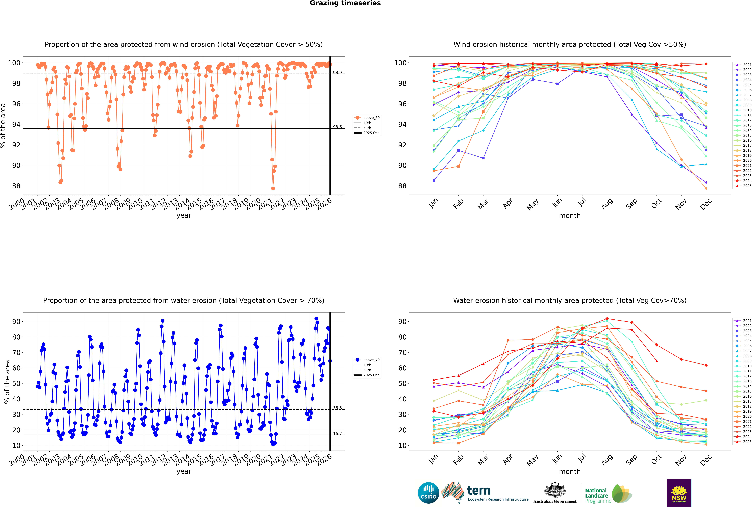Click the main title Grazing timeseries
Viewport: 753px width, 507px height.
pos(345,3)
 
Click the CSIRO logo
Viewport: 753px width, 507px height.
pos(428,493)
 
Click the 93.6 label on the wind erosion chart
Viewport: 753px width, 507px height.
pos(337,127)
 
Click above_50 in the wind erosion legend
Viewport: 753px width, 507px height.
pos(371,118)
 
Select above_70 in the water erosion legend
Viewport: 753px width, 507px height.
pos(371,360)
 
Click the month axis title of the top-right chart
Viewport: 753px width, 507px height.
pos(570,216)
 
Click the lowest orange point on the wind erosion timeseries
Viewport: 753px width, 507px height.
pos(273,188)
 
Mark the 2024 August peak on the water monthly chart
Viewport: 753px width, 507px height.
pos(607,319)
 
